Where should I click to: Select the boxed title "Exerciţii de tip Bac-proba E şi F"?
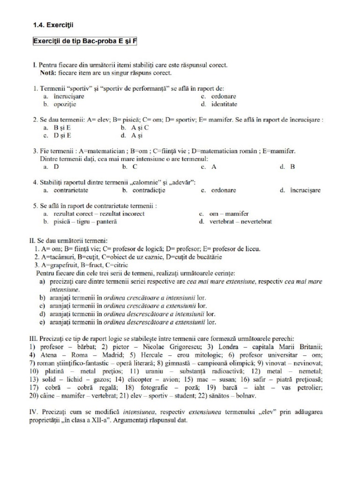pos(85,41)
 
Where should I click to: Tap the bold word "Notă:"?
pos(49,73)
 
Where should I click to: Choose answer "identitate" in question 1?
pos(224,104)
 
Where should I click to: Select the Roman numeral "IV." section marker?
pos(35,412)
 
